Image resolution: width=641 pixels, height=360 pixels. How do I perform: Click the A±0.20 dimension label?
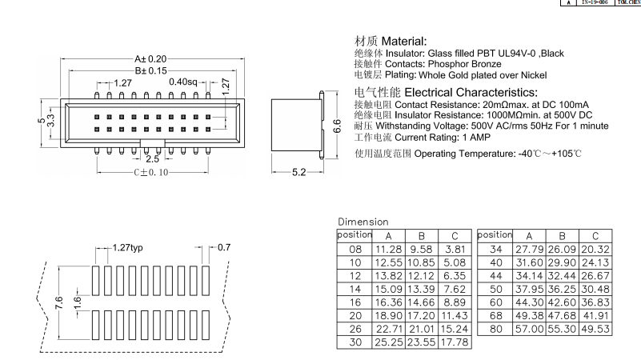click(x=150, y=58)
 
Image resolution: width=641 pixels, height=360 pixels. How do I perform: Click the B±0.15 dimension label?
click(x=150, y=70)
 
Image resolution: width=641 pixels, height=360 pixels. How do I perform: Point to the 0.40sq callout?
click(x=183, y=82)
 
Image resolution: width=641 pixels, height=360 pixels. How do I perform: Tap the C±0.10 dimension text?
click(x=151, y=171)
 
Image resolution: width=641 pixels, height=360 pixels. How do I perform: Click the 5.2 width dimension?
click(x=298, y=172)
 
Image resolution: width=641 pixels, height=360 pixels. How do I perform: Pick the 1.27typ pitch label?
click(x=128, y=247)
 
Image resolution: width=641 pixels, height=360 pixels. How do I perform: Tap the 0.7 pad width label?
click(x=225, y=247)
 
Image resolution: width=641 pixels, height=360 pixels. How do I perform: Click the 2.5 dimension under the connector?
click(x=152, y=158)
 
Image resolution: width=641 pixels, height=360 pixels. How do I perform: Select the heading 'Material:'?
click(x=404, y=41)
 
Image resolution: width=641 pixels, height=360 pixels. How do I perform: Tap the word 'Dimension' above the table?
click(x=363, y=222)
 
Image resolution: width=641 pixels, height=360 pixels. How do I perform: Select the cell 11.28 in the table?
click(x=388, y=249)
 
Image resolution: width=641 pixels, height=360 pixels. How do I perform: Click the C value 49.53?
click(x=595, y=329)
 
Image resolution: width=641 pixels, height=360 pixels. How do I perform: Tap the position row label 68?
click(x=495, y=316)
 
